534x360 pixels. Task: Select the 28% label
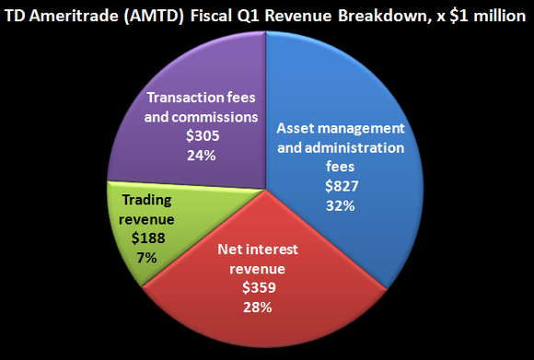257,307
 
